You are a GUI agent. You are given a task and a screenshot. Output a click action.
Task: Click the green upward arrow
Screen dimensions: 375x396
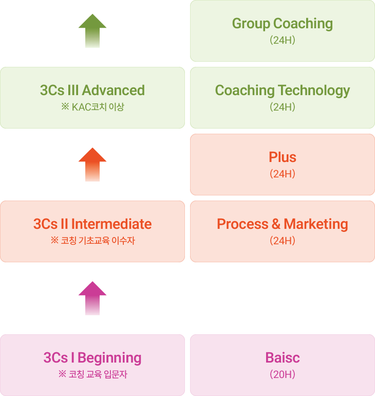click(92, 30)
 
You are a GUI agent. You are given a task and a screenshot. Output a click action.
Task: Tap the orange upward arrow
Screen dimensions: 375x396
click(92, 165)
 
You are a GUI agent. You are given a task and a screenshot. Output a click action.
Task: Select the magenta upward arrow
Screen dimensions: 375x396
click(92, 298)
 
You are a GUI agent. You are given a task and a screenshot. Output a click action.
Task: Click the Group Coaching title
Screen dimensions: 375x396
click(283, 24)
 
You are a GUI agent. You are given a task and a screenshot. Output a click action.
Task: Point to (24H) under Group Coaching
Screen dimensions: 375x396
click(283, 40)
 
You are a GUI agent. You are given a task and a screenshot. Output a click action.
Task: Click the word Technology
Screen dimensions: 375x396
click(314, 91)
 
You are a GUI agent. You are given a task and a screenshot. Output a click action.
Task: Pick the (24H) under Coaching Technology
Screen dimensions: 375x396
click(283, 107)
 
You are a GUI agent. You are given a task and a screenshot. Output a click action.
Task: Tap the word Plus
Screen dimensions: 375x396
click(283, 157)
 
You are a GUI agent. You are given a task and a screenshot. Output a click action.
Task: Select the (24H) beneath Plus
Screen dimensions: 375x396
click(283, 174)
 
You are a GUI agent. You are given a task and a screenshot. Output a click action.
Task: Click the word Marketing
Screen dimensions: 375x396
click(316, 224)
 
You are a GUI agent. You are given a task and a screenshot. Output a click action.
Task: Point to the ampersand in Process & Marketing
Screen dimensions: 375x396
click(276, 224)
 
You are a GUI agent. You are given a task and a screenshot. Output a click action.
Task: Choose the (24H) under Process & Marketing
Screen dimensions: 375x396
click(283, 241)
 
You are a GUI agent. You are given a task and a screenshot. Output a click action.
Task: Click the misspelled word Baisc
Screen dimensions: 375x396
click(283, 357)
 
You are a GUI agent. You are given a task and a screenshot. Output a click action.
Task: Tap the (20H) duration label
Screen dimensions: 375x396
click(283, 374)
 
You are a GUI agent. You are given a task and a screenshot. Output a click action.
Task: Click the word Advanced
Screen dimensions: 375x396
click(113, 90)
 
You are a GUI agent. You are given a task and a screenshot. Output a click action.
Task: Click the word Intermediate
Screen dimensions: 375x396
click(111, 224)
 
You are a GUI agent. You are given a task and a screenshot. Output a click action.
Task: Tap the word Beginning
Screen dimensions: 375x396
click(109, 358)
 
